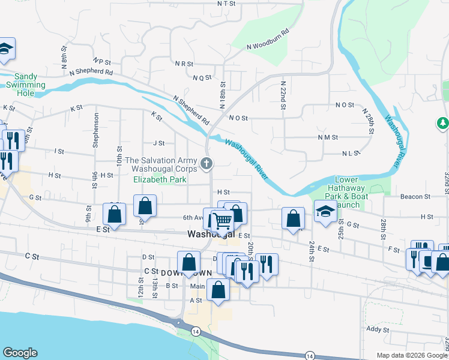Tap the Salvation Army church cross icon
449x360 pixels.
point(206,163)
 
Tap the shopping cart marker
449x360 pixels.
point(223,221)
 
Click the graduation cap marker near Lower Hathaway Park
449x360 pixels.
point(325,212)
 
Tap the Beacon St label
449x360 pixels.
point(415,197)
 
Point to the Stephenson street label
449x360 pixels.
point(95,128)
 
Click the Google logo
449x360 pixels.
point(20,353)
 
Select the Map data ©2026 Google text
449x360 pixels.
point(412,355)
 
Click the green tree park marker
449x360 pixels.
point(442,124)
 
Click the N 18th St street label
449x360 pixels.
point(222,95)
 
